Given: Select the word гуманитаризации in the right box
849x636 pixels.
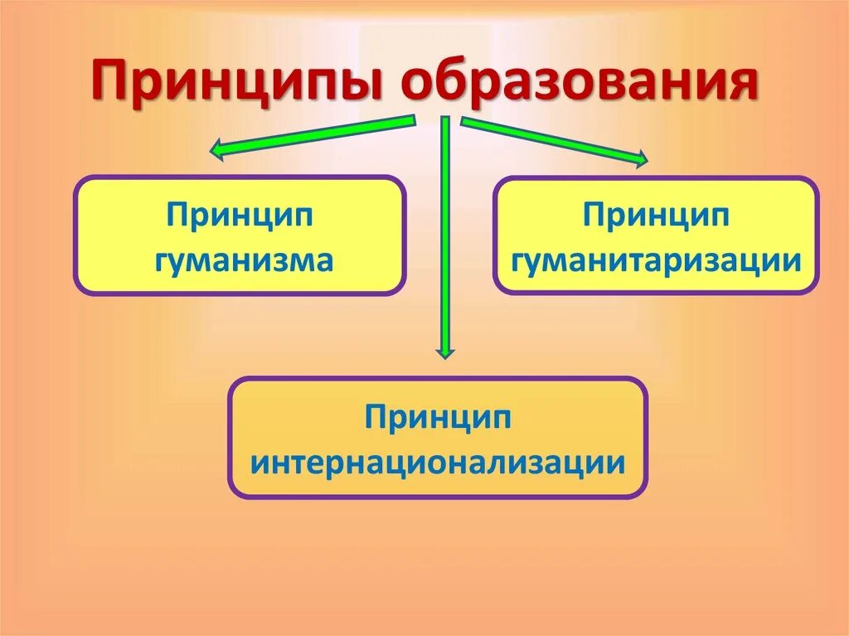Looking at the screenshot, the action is click(x=656, y=260).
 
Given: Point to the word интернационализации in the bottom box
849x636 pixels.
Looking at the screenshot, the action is click(x=438, y=461).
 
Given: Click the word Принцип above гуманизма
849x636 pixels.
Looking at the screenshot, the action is click(x=239, y=216).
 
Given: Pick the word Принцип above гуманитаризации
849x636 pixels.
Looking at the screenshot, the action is click(x=656, y=216).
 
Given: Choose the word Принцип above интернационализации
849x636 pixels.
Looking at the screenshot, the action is click(x=438, y=416).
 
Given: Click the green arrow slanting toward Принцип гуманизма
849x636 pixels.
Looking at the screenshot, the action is click(x=315, y=136).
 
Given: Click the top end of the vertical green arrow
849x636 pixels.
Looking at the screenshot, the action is click(x=445, y=121).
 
